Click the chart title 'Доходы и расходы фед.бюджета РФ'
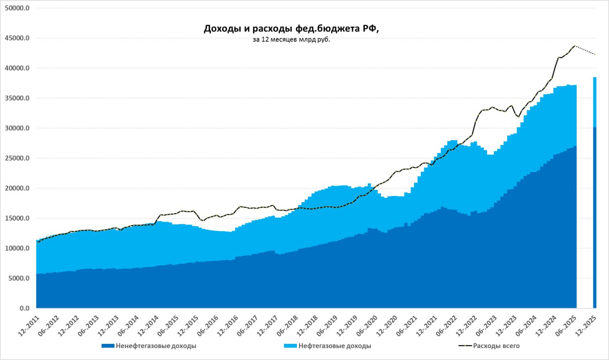(291, 29)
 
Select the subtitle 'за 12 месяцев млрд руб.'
(291, 40)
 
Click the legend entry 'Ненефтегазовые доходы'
(156, 346)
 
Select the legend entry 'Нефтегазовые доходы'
(335, 346)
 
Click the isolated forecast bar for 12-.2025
(594, 214)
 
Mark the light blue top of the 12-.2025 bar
(594, 102)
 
